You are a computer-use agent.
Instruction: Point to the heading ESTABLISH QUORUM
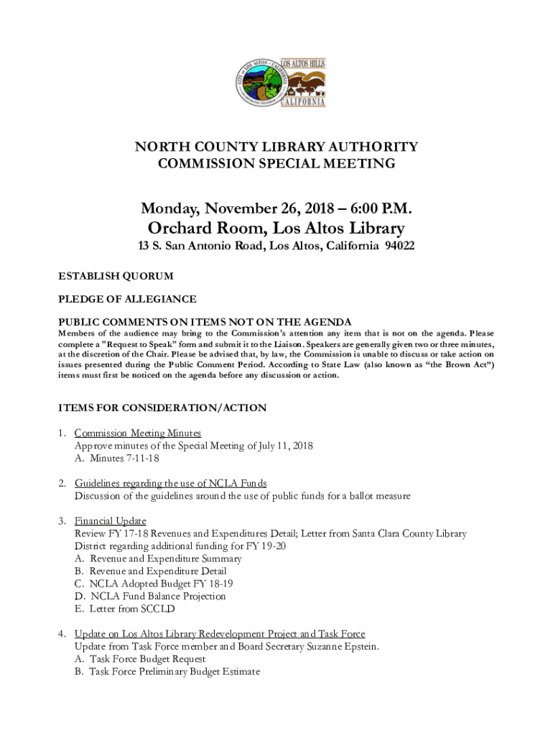tap(116, 276)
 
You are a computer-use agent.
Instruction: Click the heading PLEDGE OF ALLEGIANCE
tap(127, 299)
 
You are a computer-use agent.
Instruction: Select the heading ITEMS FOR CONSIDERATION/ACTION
tap(162, 408)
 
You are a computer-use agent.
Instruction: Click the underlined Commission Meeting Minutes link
tap(138, 433)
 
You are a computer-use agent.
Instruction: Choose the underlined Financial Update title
tap(111, 520)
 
